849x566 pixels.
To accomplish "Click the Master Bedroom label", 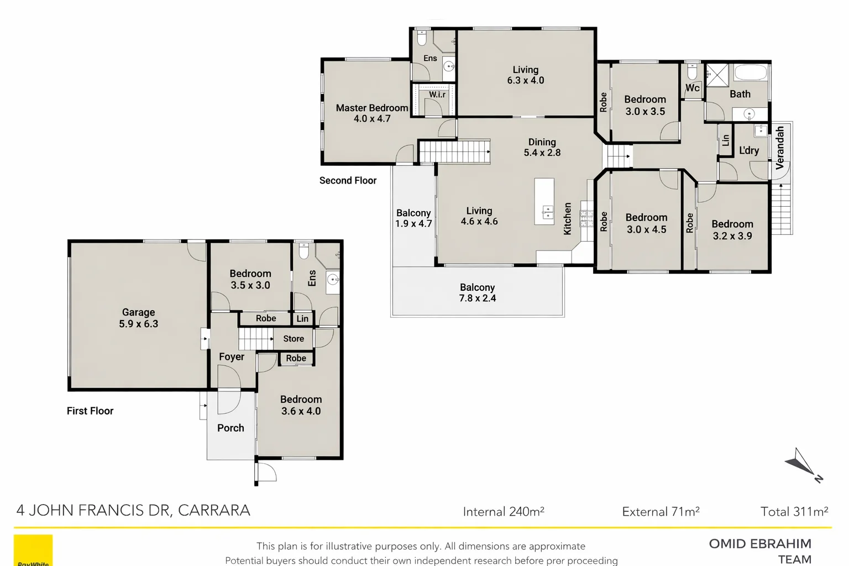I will click(x=371, y=108).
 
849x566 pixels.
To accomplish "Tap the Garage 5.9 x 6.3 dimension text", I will click(x=138, y=324).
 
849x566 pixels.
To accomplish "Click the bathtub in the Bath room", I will click(x=750, y=74).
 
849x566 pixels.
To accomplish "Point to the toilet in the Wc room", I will click(x=692, y=72).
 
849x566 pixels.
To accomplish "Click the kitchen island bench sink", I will click(x=547, y=211).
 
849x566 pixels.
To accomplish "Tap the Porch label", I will click(x=230, y=428).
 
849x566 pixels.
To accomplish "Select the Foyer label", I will click(x=231, y=357).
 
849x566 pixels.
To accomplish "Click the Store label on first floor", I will click(x=294, y=339).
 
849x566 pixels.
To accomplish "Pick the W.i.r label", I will click(x=437, y=95).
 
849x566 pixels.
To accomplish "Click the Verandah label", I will click(x=780, y=148).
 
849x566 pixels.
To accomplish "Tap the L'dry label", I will click(x=749, y=150).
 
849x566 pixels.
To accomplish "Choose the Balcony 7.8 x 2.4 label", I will click(x=478, y=293).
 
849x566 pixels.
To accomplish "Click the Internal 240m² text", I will click(x=503, y=512).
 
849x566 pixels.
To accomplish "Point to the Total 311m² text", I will click(x=794, y=512).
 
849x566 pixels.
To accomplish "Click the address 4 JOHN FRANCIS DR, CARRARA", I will click(x=133, y=510).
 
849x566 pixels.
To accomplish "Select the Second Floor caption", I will click(x=348, y=181).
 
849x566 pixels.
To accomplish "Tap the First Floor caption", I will click(x=90, y=411).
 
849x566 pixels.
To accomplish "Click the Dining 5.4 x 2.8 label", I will click(x=542, y=148).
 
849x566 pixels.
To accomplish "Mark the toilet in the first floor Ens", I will click(x=303, y=251).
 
